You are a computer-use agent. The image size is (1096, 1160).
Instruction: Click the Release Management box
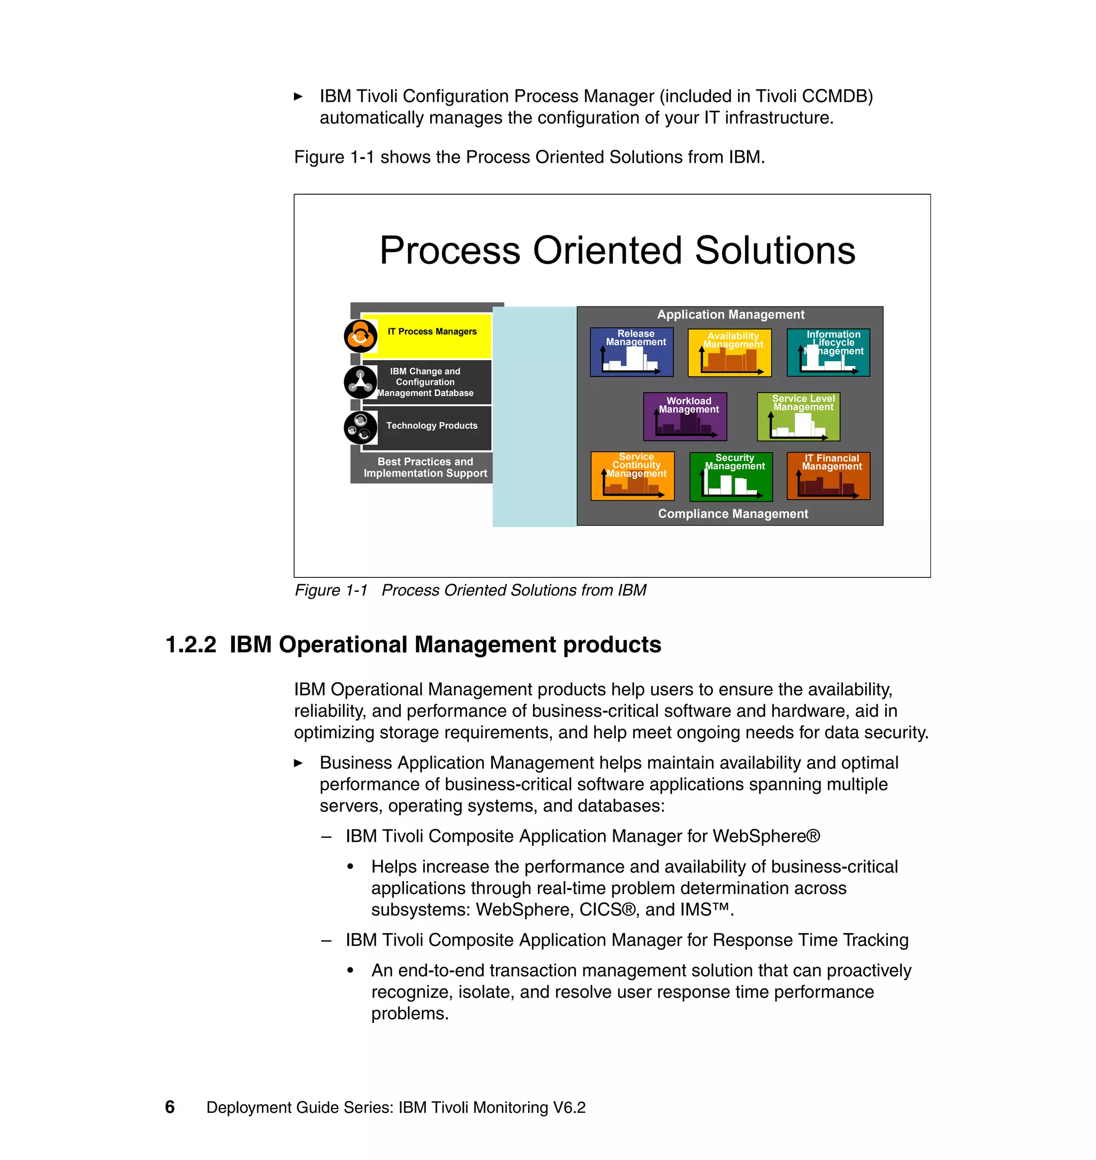[x=631, y=352]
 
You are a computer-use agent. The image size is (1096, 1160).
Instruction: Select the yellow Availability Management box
[x=729, y=353]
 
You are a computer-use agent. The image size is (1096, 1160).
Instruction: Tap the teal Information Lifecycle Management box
[x=828, y=352]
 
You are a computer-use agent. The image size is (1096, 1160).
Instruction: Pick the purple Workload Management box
[x=684, y=416]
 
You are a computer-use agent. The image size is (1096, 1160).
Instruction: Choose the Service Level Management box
[x=798, y=416]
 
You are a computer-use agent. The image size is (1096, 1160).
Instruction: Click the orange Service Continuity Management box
[x=632, y=476]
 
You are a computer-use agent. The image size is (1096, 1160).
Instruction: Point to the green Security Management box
[x=731, y=477]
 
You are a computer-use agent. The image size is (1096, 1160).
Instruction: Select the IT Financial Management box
[x=828, y=476]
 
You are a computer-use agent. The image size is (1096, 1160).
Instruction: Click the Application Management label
[x=730, y=315]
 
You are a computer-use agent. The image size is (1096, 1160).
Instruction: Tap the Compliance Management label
[x=733, y=514]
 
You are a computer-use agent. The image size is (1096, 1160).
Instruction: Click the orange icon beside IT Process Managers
[x=360, y=337]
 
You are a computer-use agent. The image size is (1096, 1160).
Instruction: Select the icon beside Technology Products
[x=360, y=428]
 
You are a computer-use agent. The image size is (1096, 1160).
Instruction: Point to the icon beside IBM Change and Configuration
[x=360, y=382]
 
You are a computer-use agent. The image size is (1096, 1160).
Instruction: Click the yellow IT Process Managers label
[x=432, y=332]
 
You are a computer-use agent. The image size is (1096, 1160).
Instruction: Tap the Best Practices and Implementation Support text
[x=425, y=468]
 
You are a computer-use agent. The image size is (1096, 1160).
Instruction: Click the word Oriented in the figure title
[x=606, y=250]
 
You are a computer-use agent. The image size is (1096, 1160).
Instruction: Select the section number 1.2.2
[x=191, y=645]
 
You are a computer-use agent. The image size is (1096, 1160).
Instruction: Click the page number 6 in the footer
[x=170, y=1107]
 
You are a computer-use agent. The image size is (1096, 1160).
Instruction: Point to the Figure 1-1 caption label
[x=331, y=591]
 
